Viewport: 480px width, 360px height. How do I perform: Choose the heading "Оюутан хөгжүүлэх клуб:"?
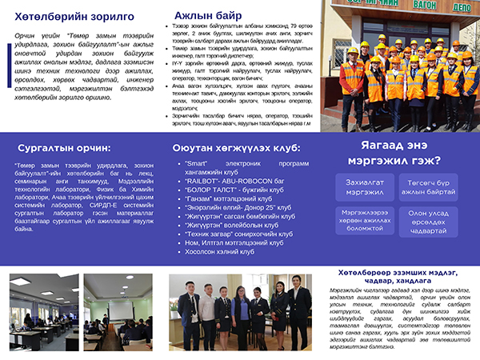236,148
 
